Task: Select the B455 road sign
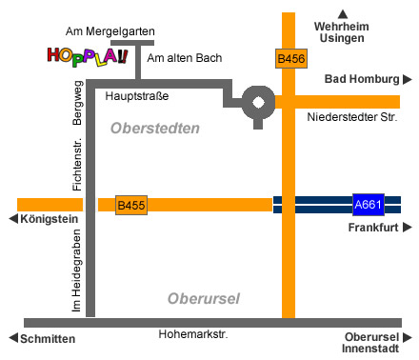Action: coord(131,205)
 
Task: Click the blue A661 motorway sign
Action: coord(368,204)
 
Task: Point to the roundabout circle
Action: coord(257,101)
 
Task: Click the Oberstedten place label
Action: coord(154,128)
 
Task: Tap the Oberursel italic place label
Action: coord(203,299)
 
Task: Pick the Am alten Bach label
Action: coord(185,58)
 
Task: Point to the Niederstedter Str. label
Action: coord(350,117)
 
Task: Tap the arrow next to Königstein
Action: coord(12,219)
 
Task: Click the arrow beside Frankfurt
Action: coord(408,228)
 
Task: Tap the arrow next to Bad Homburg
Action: coord(408,80)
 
